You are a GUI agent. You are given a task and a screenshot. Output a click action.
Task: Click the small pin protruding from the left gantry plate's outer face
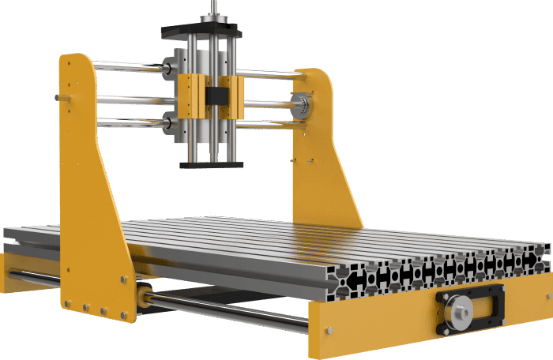(x=58, y=97)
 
